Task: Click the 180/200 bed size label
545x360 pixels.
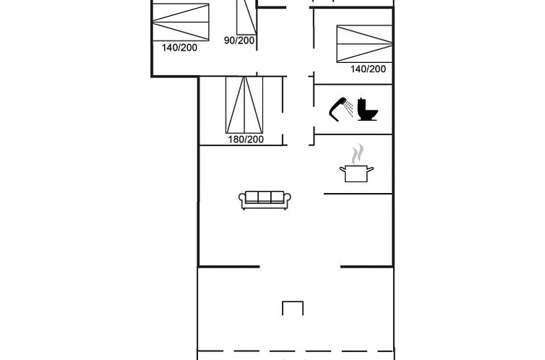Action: pyautogui.click(x=246, y=140)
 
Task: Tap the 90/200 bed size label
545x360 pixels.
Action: pyautogui.click(x=239, y=40)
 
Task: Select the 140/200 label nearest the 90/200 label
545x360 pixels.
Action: pyautogui.click(x=179, y=48)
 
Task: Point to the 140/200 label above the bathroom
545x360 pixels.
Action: pyautogui.click(x=368, y=69)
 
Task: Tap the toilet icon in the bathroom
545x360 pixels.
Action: pyautogui.click(x=367, y=109)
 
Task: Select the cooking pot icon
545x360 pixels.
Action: pyautogui.click(x=356, y=173)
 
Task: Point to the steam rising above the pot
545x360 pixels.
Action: pyautogui.click(x=358, y=154)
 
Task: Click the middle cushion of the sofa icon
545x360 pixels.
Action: pyautogui.click(x=265, y=197)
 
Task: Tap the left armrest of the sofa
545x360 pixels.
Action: pyautogui.click(x=242, y=199)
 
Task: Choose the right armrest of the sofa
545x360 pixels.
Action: pyautogui.click(x=288, y=199)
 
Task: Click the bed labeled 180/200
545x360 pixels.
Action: pyautogui.click(x=244, y=105)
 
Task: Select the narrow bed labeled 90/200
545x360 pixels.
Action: pyautogui.click(x=246, y=17)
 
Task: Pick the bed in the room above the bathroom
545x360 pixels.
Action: pyautogui.click(x=364, y=44)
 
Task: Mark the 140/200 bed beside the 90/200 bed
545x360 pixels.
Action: pyautogui.click(x=181, y=22)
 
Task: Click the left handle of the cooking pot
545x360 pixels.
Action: pyautogui.click(x=343, y=170)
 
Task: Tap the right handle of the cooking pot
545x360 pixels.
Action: pyautogui.click(x=371, y=170)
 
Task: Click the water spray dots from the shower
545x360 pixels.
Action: pyautogui.click(x=349, y=108)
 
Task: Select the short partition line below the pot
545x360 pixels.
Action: pyautogui.click(x=358, y=194)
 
